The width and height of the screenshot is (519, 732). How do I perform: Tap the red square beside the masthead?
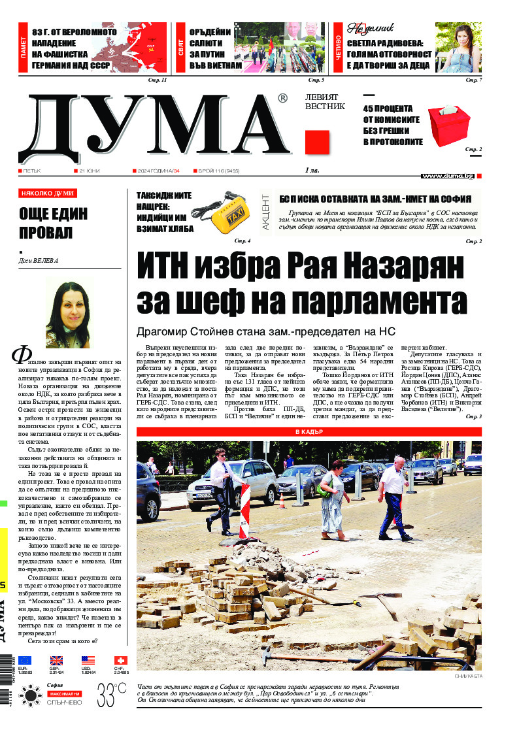[317, 142]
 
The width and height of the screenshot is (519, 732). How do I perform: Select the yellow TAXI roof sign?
[232, 210]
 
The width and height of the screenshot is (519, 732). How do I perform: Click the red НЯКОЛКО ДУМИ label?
[48, 193]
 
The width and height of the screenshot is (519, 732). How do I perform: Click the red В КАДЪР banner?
[309, 432]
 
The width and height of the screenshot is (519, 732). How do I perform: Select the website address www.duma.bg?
[447, 176]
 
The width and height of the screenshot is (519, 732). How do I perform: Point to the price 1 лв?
[314, 171]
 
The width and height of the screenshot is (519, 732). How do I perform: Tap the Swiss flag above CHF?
[120, 660]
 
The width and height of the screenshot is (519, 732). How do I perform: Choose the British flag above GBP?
[56, 660]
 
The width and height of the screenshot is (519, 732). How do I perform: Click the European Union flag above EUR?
[25, 660]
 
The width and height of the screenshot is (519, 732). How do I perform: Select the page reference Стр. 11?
[158, 80]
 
